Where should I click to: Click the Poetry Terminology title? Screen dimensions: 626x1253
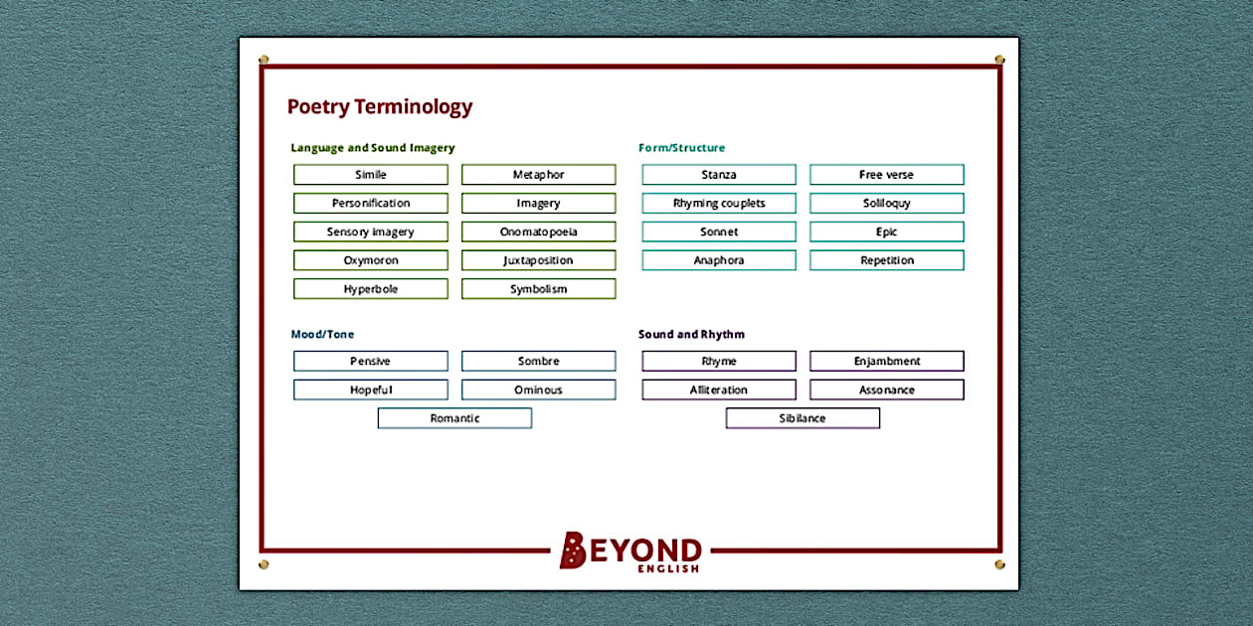click(379, 107)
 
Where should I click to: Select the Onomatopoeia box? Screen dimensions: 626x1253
click(538, 232)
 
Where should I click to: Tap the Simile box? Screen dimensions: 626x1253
click(370, 175)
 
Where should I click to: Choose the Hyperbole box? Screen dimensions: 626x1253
click(370, 289)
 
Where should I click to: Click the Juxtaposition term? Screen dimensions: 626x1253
click(538, 260)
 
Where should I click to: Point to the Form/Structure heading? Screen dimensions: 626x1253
click(681, 148)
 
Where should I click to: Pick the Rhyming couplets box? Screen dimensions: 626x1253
click(718, 203)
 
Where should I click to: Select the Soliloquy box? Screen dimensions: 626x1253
click(886, 203)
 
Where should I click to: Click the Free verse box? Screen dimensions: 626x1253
click(886, 175)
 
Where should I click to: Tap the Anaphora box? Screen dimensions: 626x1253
click(718, 260)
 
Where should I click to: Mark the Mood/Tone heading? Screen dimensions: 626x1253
click(322, 335)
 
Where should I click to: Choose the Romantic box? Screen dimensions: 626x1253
click(454, 418)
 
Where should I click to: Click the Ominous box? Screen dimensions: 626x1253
click(538, 390)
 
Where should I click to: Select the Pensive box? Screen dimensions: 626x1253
click(370, 362)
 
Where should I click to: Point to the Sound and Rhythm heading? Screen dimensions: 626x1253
click(691, 335)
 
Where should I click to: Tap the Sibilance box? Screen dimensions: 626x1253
click(803, 418)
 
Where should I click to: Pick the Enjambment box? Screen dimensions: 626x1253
click(886, 362)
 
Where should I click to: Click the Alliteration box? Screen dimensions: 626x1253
click(718, 390)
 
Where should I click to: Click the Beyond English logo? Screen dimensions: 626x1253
click(630, 551)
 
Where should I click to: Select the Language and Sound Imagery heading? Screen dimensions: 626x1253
click(372, 148)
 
